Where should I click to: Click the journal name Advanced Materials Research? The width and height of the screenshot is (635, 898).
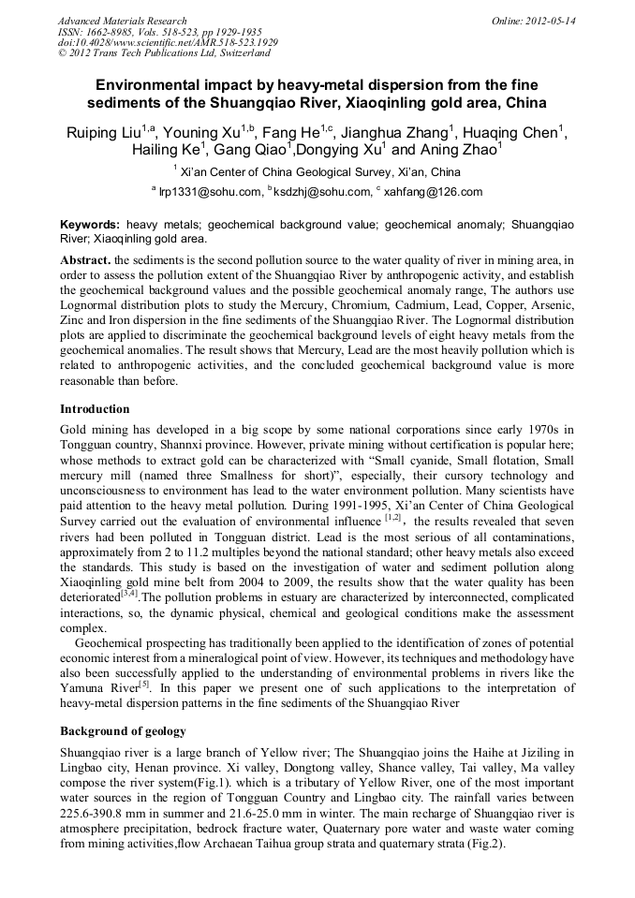point(122,21)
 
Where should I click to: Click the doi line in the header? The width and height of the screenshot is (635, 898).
point(168,42)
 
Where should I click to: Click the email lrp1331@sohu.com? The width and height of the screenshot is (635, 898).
point(205,192)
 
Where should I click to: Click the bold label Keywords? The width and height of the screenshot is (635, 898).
point(90,226)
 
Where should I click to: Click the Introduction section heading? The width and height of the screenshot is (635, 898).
point(95,409)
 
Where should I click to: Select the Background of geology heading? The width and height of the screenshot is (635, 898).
point(123,730)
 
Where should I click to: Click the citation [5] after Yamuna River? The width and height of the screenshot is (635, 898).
point(143,685)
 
